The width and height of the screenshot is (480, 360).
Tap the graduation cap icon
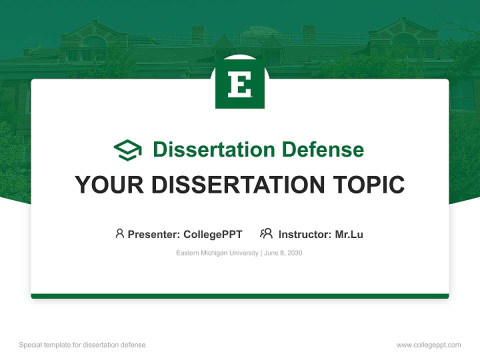[127, 149]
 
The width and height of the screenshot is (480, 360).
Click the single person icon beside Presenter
[119, 233]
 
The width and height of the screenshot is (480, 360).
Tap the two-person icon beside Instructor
[266, 233]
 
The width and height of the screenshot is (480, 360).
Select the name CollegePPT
[213, 234]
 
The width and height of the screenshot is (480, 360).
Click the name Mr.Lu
[349, 234]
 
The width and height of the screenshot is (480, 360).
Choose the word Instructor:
[305, 234]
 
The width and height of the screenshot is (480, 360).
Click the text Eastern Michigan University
[217, 253]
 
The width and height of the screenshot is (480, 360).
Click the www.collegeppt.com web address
[428, 345]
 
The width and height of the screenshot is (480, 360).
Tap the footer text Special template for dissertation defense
[82, 345]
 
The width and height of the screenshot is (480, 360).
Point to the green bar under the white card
[240, 296]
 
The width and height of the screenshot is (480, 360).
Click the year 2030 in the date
[294, 253]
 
